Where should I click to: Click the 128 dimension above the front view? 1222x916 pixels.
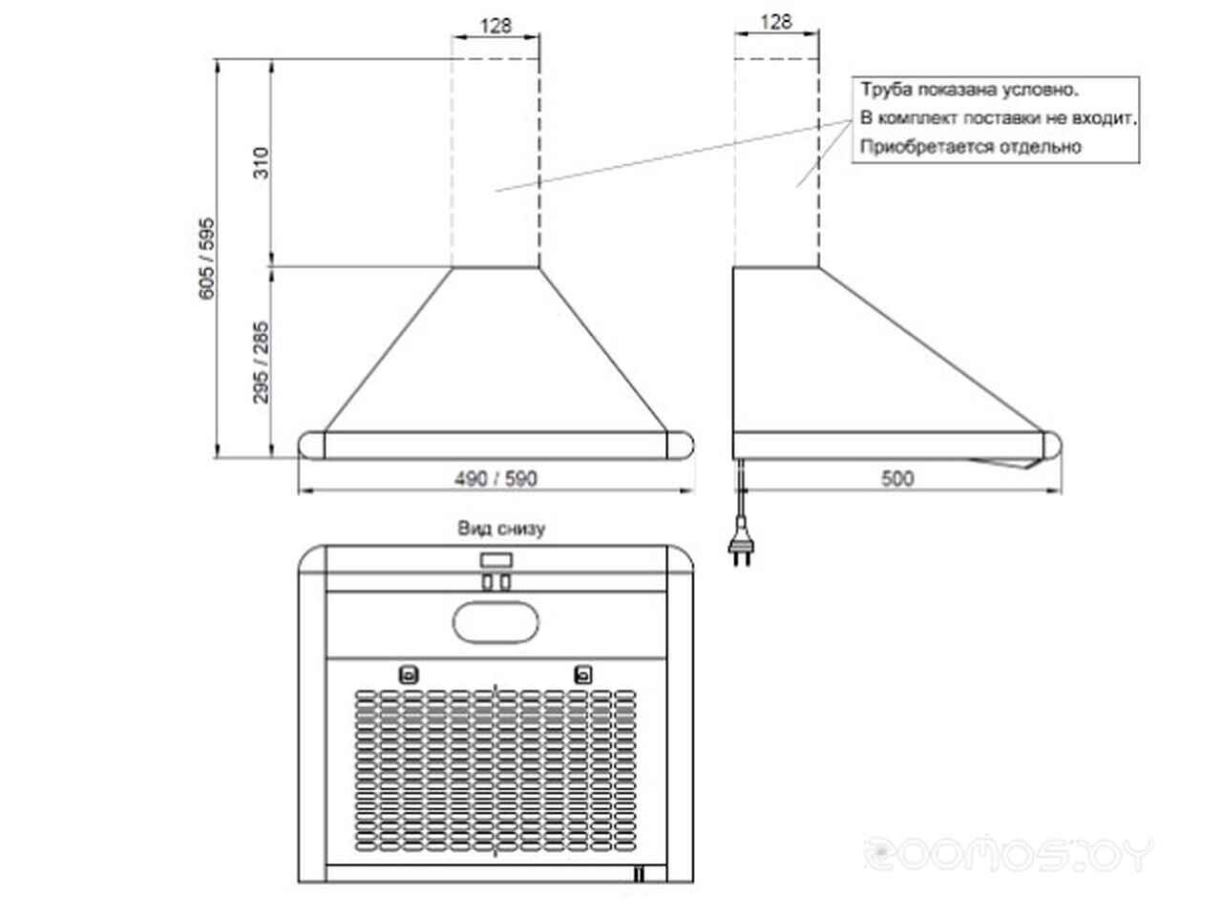coord(495,25)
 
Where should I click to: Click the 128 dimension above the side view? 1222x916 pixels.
coord(775,22)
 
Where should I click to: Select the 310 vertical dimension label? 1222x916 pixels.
coord(261,162)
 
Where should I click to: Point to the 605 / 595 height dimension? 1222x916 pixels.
coord(206,259)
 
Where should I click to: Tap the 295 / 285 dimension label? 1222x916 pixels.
coord(261,362)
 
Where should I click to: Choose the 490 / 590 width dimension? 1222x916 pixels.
coord(495,478)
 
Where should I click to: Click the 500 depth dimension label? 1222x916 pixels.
coord(896,478)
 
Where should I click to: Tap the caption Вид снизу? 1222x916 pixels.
coord(501,528)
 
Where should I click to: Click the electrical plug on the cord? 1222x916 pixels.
coord(741,549)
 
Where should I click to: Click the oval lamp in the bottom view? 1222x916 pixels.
coord(495,622)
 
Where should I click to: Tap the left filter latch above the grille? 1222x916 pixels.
coord(409,676)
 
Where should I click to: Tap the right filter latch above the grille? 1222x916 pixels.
coord(583,676)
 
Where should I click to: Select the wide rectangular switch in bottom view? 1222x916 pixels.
coord(496,559)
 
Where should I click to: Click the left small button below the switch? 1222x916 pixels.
coord(487,582)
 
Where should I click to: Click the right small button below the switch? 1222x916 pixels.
coord(505,582)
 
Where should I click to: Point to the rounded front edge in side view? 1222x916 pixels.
coord(1052,446)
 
